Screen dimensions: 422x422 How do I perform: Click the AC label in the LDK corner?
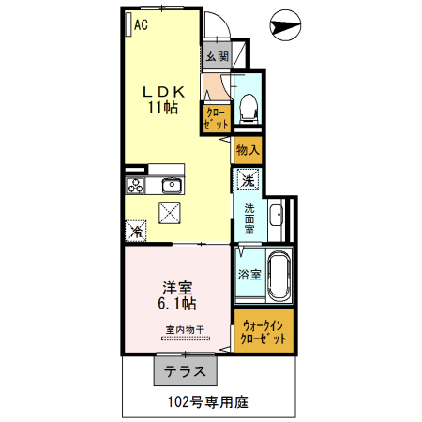tap(141, 25)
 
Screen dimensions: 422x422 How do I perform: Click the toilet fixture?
tap(249, 109)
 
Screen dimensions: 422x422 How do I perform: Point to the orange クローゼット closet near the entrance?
tap(215, 117)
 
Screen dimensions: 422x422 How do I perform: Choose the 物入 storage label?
tap(247, 150)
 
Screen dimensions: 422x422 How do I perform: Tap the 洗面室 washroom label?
tap(249, 218)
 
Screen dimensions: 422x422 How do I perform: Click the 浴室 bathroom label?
tap(249, 275)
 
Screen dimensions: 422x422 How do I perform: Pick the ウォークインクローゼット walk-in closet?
tap(264, 330)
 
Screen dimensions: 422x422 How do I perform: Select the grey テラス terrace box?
tap(186, 371)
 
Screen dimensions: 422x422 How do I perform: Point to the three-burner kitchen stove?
tap(134, 184)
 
